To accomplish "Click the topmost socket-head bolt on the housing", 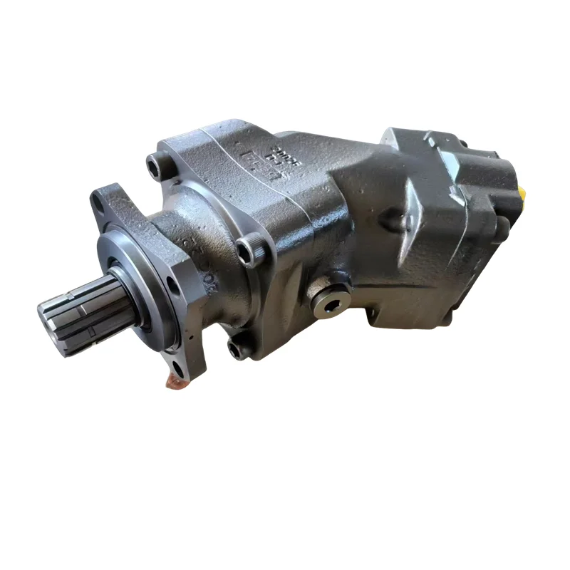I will point(154,165).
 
